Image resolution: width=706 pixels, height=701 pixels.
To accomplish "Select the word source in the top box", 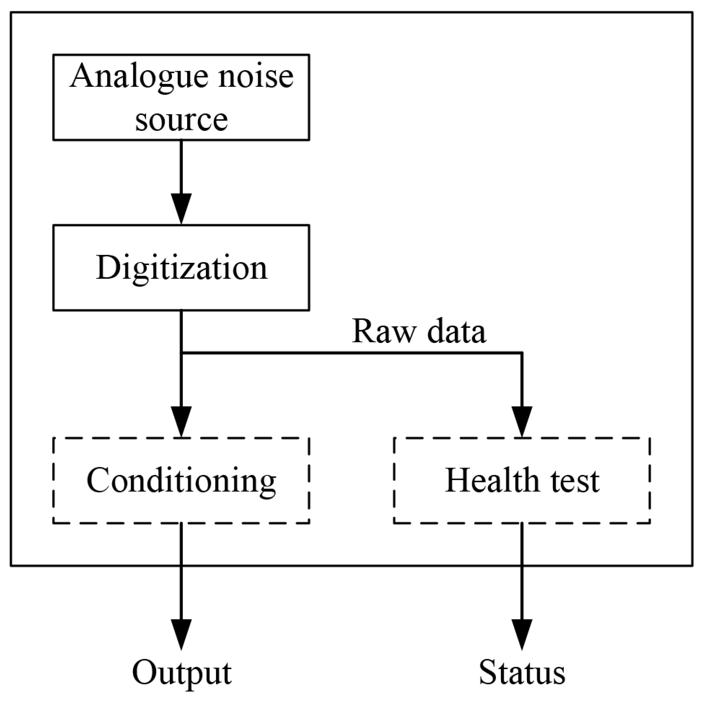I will (x=182, y=120).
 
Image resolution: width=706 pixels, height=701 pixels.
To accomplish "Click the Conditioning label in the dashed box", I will (x=182, y=481).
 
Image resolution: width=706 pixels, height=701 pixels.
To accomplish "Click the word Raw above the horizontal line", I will (x=384, y=331).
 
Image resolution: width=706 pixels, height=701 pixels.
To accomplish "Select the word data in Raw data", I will (x=456, y=331).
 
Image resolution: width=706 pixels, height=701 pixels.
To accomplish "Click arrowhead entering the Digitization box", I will (x=182, y=208).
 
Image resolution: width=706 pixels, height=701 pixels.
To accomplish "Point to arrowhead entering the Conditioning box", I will (x=182, y=421).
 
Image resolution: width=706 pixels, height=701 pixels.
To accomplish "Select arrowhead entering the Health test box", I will (x=522, y=421).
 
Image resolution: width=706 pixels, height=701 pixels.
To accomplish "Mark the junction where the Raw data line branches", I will (x=182, y=353).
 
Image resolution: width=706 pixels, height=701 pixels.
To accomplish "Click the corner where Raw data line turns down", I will (x=522, y=353).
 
